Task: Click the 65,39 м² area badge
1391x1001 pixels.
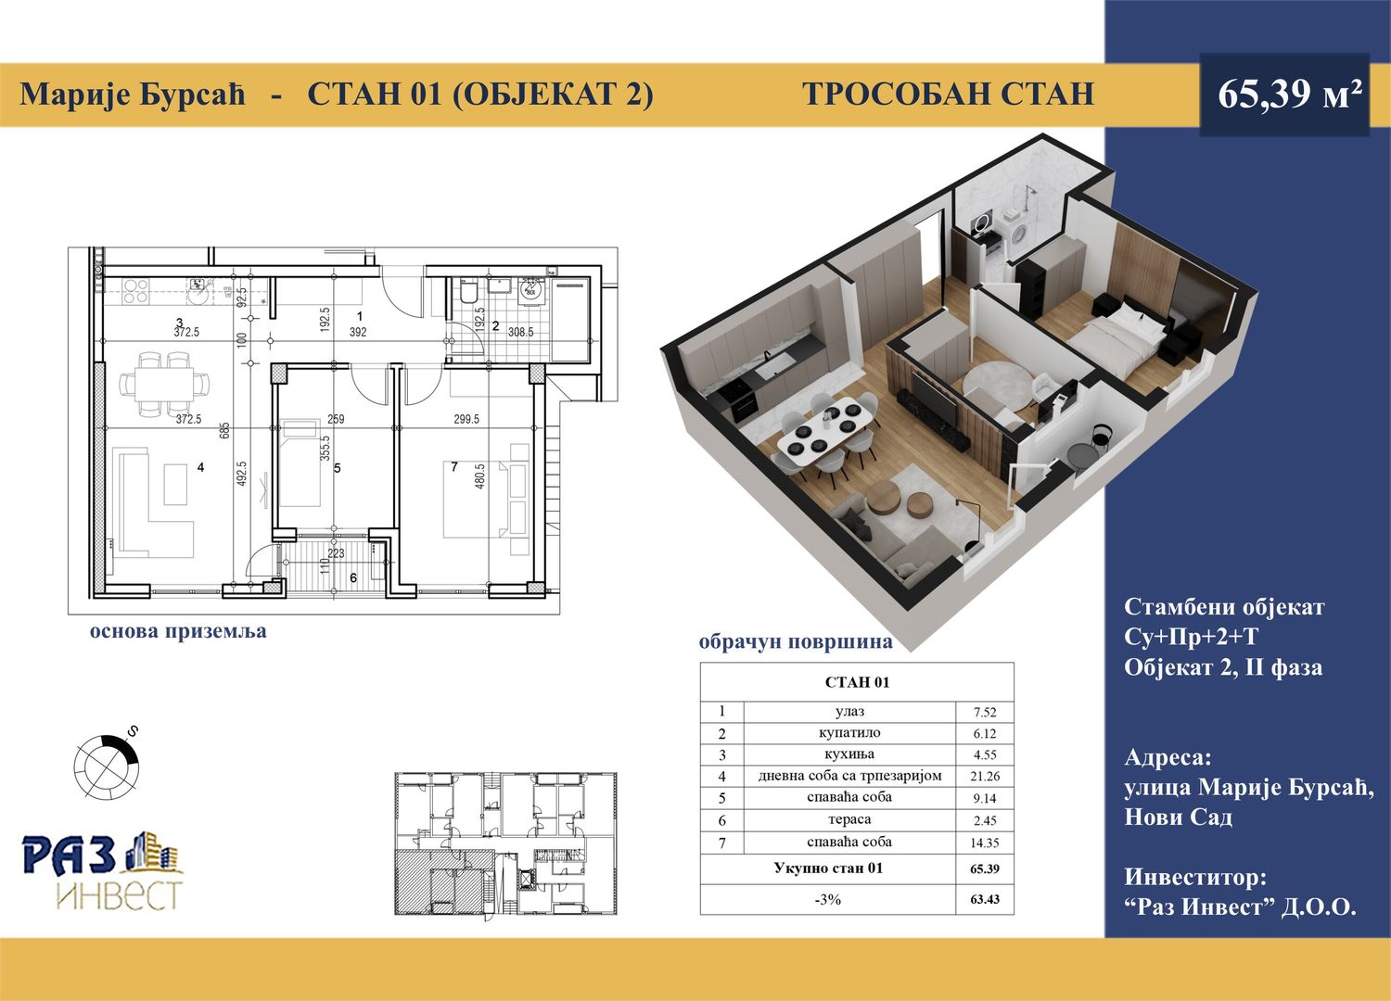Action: (1284, 95)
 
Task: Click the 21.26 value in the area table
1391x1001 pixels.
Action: (984, 776)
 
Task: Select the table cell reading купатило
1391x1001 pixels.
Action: (849, 733)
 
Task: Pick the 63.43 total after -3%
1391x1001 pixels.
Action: (985, 899)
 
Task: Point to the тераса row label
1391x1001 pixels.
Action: (849, 819)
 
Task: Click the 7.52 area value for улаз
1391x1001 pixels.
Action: (985, 713)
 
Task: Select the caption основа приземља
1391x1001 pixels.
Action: (178, 632)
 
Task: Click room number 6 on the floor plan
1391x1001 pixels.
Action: (353, 577)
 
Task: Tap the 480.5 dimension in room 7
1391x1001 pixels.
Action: (479, 476)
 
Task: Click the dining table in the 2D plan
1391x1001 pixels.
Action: (164, 384)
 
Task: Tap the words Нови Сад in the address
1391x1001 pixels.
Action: (1178, 817)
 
